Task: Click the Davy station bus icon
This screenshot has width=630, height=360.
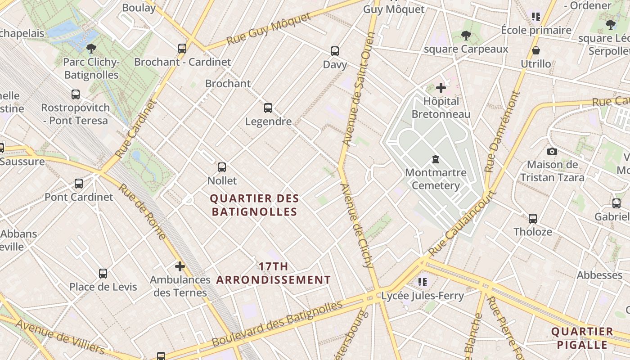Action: (335, 51)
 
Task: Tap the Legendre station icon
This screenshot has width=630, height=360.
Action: (268, 108)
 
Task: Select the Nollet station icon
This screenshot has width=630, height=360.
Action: (222, 167)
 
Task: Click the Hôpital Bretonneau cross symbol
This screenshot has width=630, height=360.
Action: (441, 88)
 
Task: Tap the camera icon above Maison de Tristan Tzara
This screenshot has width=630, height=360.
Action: (552, 152)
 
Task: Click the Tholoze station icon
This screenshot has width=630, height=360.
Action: (533, 219)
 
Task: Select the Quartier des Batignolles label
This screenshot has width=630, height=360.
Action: (255, 205)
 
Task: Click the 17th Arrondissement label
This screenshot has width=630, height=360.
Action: (274, 273)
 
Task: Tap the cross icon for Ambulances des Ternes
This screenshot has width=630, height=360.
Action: (180, 266)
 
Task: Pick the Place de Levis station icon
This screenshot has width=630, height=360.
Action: (103, 274)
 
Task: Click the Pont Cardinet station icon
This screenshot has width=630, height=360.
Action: (79, 184)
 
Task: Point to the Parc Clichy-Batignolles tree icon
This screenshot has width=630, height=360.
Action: (91, 49)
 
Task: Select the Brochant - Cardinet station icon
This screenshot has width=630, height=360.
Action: (182, 49)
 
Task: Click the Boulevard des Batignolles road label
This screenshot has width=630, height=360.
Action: (277, 324)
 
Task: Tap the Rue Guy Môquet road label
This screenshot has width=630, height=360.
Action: (269, 29)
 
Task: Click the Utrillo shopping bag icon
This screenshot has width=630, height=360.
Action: (536, 50)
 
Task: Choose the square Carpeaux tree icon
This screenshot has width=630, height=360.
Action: (466, 36)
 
